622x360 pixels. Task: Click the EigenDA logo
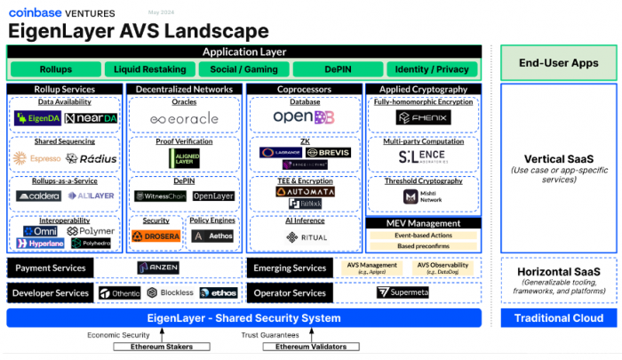coord(37,118)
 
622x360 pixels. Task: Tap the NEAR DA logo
coord(92,118)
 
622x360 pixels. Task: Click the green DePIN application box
coord(337,69)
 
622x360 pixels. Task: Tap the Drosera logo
coord(155,236)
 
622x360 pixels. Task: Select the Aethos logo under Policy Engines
coord(212,236)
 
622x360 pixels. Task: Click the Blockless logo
coord(170,292)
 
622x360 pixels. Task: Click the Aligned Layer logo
coord(185,156)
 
